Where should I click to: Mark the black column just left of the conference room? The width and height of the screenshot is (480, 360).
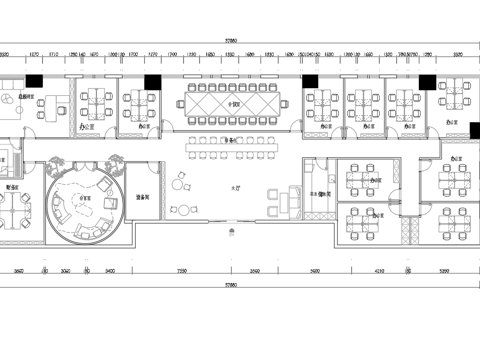click(152, 83)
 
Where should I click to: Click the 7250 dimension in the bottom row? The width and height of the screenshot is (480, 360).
click(182, 271)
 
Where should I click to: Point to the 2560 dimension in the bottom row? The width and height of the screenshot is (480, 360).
click(255, 271)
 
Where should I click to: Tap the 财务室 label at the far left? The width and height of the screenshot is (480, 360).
click(13, 187)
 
